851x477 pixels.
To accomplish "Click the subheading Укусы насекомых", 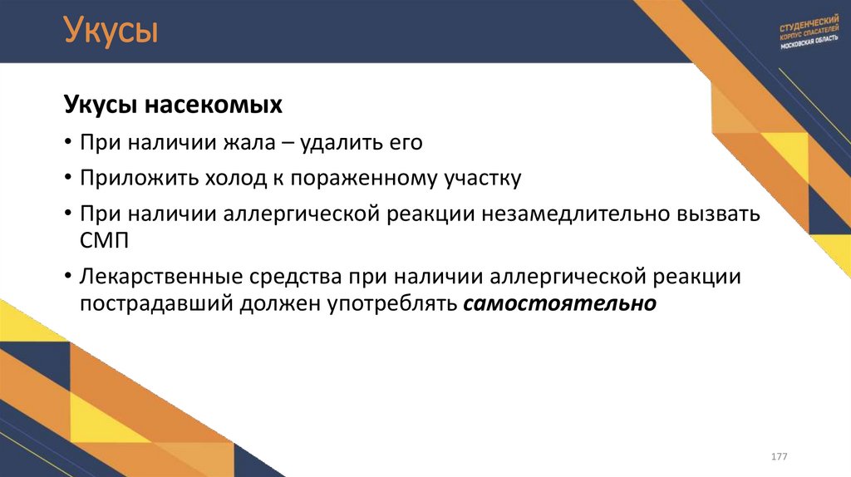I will click(173, 106).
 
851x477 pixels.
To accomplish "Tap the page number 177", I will click(780, 458).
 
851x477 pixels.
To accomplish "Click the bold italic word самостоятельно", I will click(559, 303).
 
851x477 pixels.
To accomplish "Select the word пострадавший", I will click(157, 303).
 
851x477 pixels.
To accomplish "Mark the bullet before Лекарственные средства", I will click(67, 276).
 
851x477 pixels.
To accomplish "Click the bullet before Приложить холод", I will click(67, 178).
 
